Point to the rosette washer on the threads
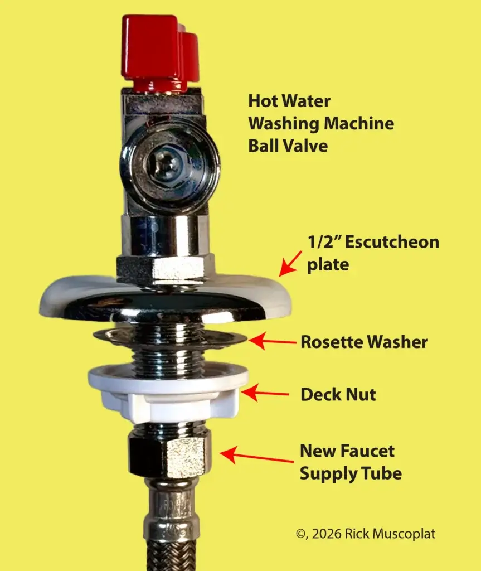(x=223, y=338)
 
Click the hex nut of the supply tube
(x=169, y=452)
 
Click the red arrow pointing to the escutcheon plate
(x=290, y=263)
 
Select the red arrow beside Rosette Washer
(x=273, y=341)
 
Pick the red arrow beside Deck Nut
(x=265, y=394)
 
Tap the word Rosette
(x=331, y=342)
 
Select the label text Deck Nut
(x=338, y=395)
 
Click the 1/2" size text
(x=320, y=242)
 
